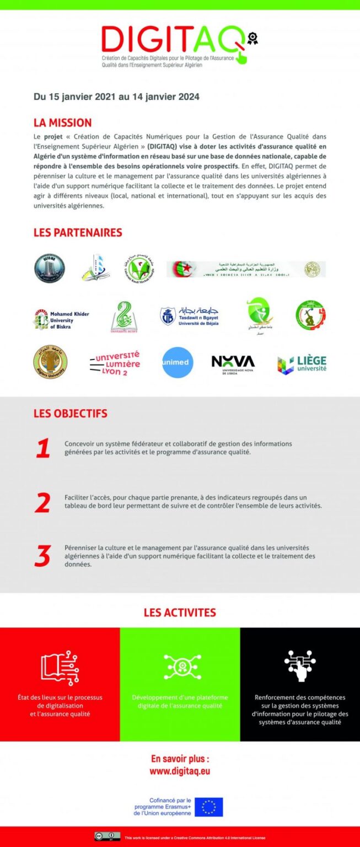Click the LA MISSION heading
(x=62, y=122)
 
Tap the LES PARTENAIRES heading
(x=78, y=232)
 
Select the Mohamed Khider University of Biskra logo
(x=61, y=319)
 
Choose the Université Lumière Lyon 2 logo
(x=115, y=363)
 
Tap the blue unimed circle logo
(x=178, y=362)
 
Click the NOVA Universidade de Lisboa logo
(x=233, y=362)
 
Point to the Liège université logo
(x=302, y=363)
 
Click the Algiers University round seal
(x=50, y=362)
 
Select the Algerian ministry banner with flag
(x=246, y=269)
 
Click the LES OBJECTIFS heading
(x=70, y=413)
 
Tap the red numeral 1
(x=43, y=448)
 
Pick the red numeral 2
(x=42, y=502)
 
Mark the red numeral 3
(x=42, y=556)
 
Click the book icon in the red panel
(x=60, y=668)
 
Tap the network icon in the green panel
(x=180, y=667)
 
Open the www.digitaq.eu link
(x=180, y=771)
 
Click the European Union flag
(x=208, y=807)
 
